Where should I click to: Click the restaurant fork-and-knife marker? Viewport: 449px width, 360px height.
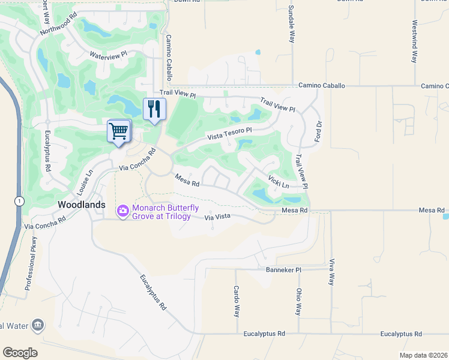155,109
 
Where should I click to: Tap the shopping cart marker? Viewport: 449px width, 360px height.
119,131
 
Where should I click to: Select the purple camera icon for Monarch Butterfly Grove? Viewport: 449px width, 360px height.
123,210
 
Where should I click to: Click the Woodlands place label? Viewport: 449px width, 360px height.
82,205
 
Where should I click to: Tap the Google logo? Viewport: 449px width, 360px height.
20,352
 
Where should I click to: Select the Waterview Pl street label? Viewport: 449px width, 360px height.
109,55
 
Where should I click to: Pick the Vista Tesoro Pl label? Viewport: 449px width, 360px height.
229,134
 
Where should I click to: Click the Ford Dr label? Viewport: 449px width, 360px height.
319,132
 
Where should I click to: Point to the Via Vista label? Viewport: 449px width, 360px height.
217,218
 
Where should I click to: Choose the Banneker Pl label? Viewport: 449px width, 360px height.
283,270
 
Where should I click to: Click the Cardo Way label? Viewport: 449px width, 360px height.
237,301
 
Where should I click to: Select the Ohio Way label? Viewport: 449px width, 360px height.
298,302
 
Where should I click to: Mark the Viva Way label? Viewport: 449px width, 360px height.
331,271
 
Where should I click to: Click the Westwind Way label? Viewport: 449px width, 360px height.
414,43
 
